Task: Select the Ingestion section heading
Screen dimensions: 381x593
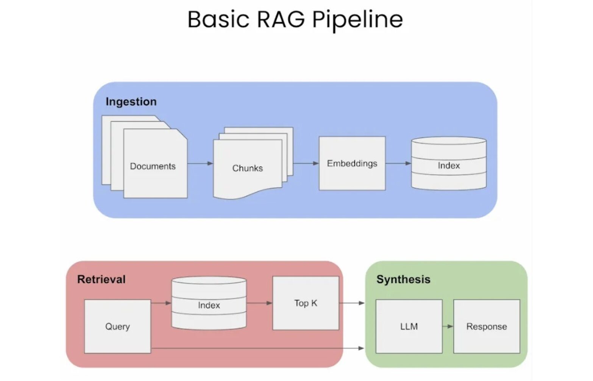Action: pos(131,101)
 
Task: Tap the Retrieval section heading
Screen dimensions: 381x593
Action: pos(101,280)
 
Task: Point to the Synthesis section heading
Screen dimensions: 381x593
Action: pos(403,280)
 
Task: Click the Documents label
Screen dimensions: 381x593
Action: pos(153,166)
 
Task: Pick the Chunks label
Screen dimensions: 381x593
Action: pos(247,168)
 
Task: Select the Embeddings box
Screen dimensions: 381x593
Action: pos(352,163)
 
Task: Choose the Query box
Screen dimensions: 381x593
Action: pos(117,326)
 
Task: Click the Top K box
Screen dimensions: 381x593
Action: pos(306,303)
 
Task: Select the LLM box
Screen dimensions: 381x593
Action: pos(409,326)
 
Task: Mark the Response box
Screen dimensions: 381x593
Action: pos(487,326)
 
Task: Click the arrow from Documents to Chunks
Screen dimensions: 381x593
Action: pos(200,163)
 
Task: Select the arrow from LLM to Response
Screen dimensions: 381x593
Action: pos(448,326)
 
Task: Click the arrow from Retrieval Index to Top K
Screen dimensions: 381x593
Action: pos(259,303)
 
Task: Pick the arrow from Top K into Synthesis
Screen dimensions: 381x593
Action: pos(352,303)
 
